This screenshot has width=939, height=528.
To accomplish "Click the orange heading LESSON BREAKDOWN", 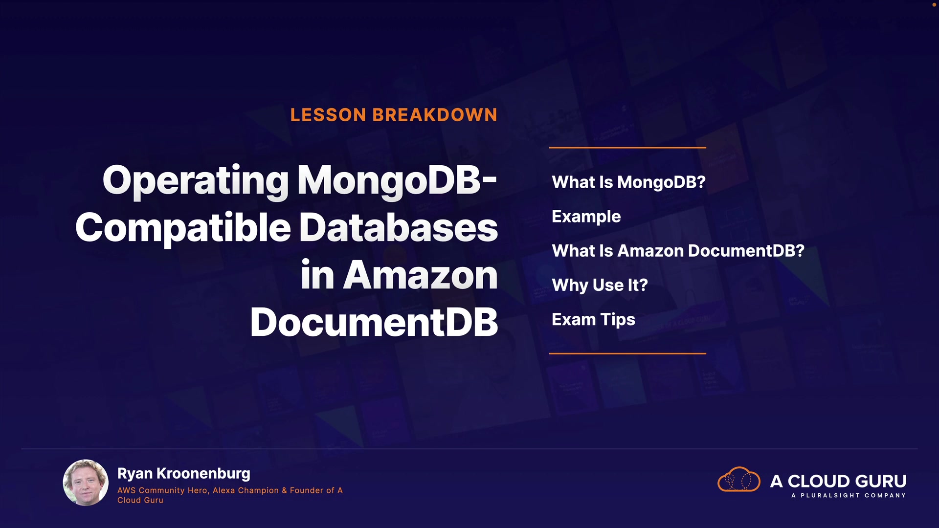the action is coord(394,115).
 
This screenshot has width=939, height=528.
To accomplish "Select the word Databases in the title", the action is coord(399,228).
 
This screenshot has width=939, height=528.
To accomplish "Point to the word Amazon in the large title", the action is coord(421,275).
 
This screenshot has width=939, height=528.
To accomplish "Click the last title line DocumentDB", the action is coord(374,323).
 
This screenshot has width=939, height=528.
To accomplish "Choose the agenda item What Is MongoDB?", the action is coord(628,182).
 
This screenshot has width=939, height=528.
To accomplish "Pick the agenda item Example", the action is coord(586,217).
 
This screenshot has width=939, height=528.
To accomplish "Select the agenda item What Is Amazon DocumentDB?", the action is coord(678,251).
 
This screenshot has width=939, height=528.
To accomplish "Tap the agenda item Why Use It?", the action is coord(600,286).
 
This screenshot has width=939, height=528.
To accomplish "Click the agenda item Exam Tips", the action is coord(593,320).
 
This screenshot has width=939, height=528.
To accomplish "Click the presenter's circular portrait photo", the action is coord(86,483).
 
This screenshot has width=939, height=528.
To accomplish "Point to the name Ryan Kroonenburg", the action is coord(184,474).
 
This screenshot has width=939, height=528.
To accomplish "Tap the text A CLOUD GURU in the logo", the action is coord(838,481).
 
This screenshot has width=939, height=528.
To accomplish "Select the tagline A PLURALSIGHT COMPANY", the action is coord(849,495).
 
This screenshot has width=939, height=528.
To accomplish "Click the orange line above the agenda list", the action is coord(627,147).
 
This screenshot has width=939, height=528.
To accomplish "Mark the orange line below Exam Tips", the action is coord(627,353).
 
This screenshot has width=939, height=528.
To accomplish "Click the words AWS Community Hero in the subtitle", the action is coord(162,490).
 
